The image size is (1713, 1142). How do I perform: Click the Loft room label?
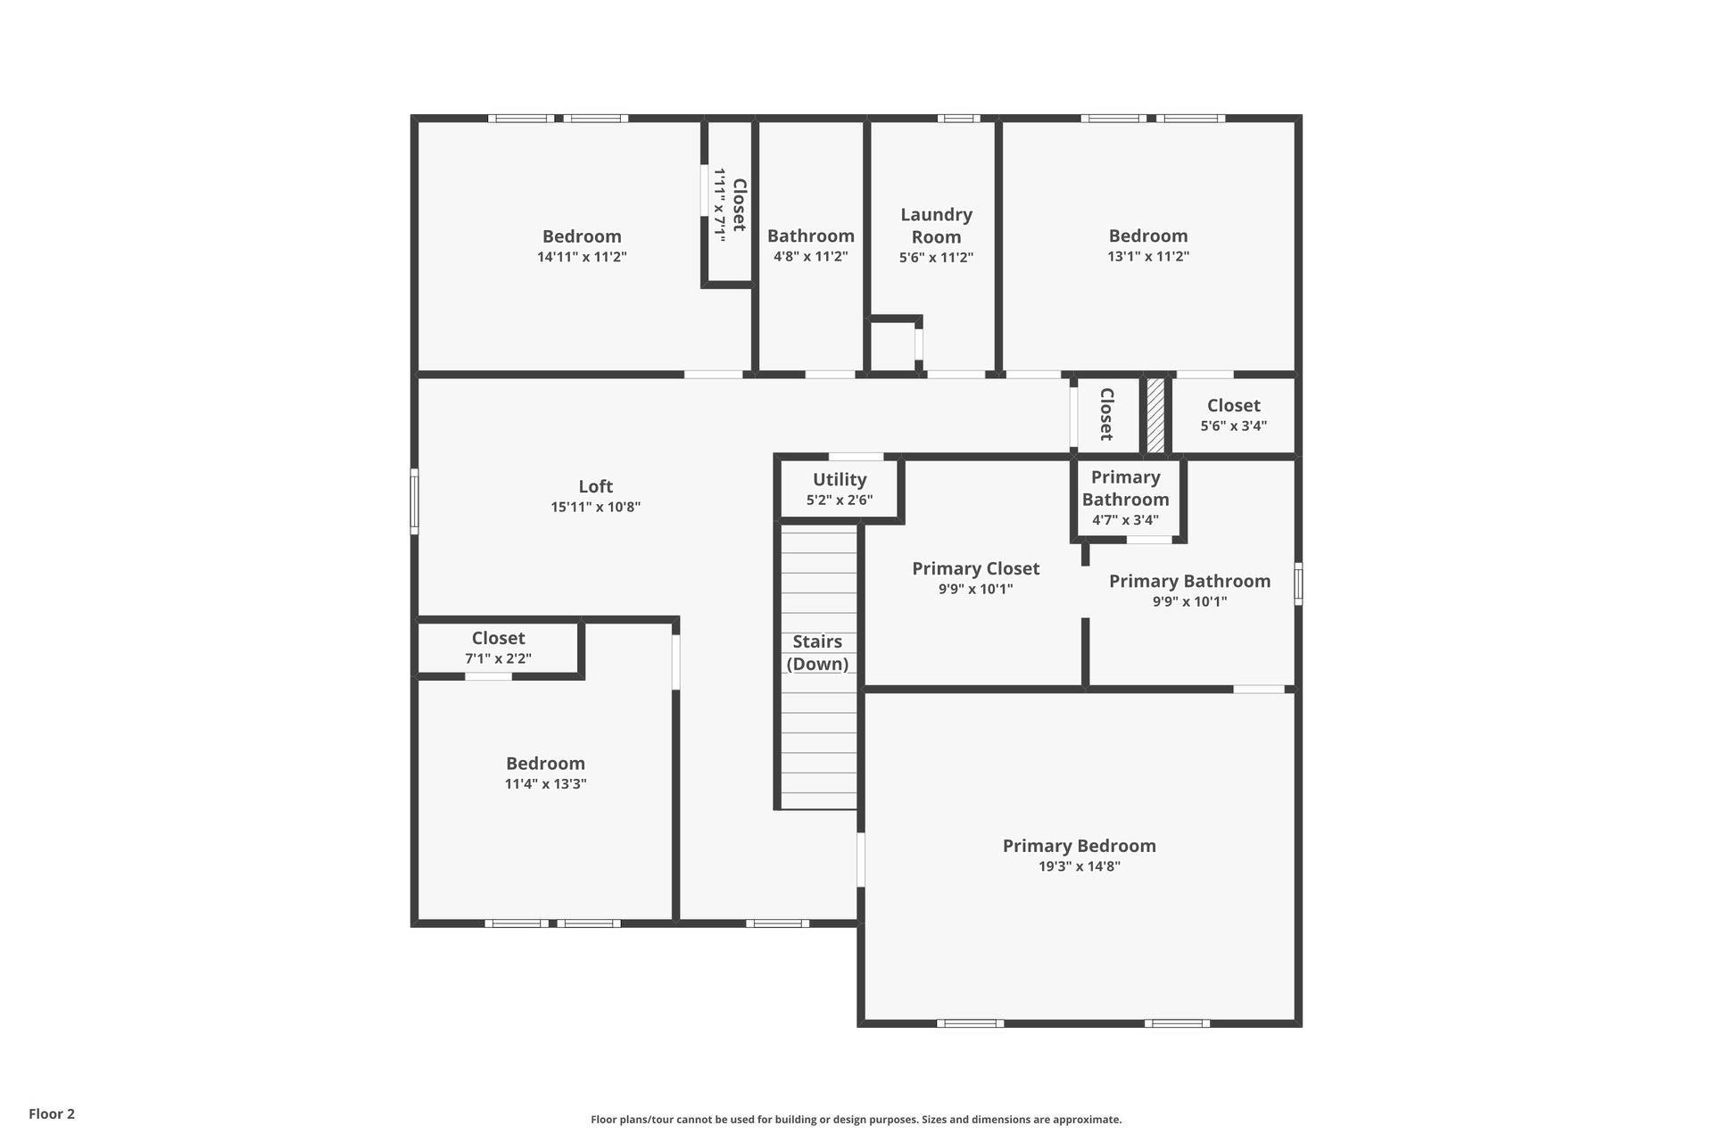[595, 486]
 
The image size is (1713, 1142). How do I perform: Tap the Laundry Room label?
[936, 226]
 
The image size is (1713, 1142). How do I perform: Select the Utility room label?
[840, 480]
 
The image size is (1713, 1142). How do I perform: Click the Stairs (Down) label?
[817, 652]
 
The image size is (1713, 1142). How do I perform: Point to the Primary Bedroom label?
[1079, 846]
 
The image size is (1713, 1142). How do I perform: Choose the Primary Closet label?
[975, 568]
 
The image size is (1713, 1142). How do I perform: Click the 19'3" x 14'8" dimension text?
[1079, 866]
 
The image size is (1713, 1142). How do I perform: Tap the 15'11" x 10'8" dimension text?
[595, 507]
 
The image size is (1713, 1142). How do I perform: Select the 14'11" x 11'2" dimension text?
[582, 257]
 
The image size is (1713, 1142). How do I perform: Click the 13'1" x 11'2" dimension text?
[1148, 256]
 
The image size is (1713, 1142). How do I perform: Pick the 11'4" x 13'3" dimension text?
[545, 784]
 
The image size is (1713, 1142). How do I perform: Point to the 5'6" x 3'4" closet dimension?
[1233, 426]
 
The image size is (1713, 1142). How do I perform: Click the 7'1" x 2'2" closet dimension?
[498, 658]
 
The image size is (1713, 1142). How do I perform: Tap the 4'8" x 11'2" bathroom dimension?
[810, 257]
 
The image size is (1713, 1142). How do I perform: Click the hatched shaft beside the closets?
[1155, 415]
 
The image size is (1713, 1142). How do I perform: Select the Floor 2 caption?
[52, 1113]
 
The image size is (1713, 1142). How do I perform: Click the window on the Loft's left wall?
[414, 501]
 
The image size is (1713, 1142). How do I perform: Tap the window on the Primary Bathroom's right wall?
[1298, 583]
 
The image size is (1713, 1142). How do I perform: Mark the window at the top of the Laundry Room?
[958, 119]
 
